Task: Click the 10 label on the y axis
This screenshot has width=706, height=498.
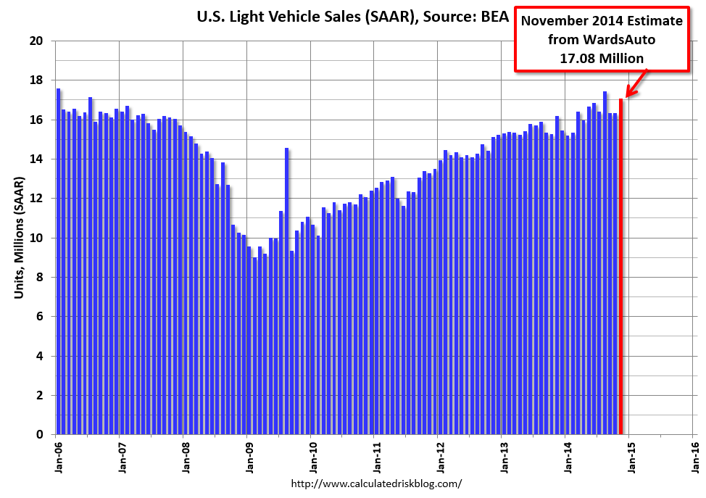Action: click(x=38, y=238)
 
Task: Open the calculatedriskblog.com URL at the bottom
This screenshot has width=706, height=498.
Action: click(x=375, y=484)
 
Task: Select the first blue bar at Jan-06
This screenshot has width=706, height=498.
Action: click(x=59, y=261)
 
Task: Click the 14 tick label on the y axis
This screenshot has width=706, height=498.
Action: click(x=38, y=159)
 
